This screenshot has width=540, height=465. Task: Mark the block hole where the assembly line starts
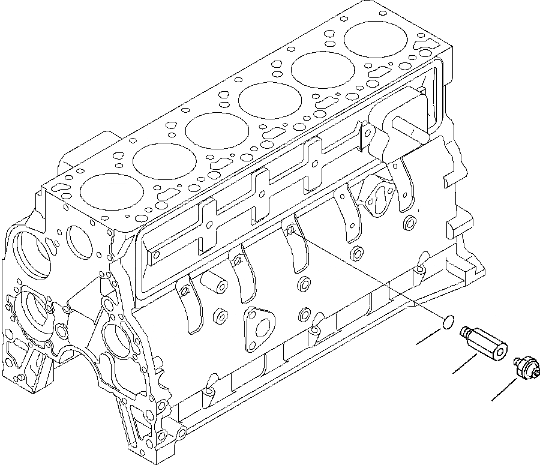coord(290,229)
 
